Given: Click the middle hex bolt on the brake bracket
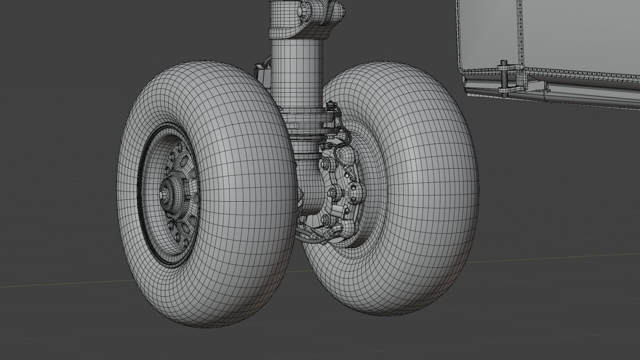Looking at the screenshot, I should pyautogui.click(x=332, y=193).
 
